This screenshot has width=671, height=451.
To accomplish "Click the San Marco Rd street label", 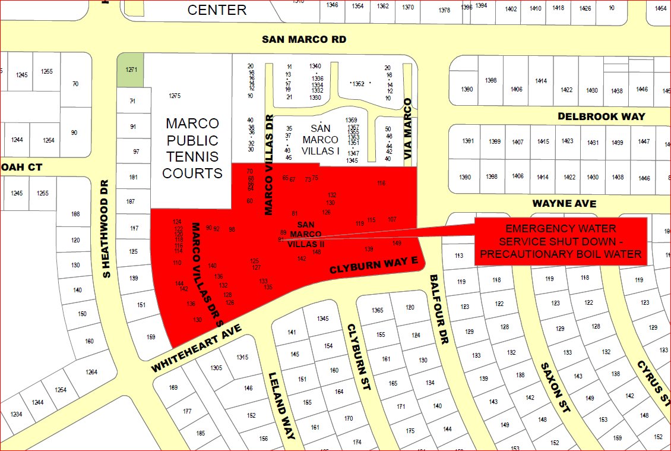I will click(304, 40).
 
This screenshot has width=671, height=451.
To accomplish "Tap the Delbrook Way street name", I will click(601, 117).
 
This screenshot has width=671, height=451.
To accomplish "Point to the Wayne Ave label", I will click(564, 203).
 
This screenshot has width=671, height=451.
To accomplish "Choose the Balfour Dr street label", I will click(440, 309).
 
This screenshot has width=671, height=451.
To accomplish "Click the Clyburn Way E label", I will click(374, 265).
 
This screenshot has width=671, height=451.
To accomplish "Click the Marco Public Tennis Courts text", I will click(192, 149).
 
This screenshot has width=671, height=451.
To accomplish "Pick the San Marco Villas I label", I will click(321, 140).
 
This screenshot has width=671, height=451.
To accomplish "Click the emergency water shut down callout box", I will click(561, 241).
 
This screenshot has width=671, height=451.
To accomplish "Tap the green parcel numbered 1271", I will click(131, 70).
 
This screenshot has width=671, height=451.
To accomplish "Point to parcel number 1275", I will click(175, 96).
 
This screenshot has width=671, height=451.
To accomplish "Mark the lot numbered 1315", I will click(242, 357).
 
